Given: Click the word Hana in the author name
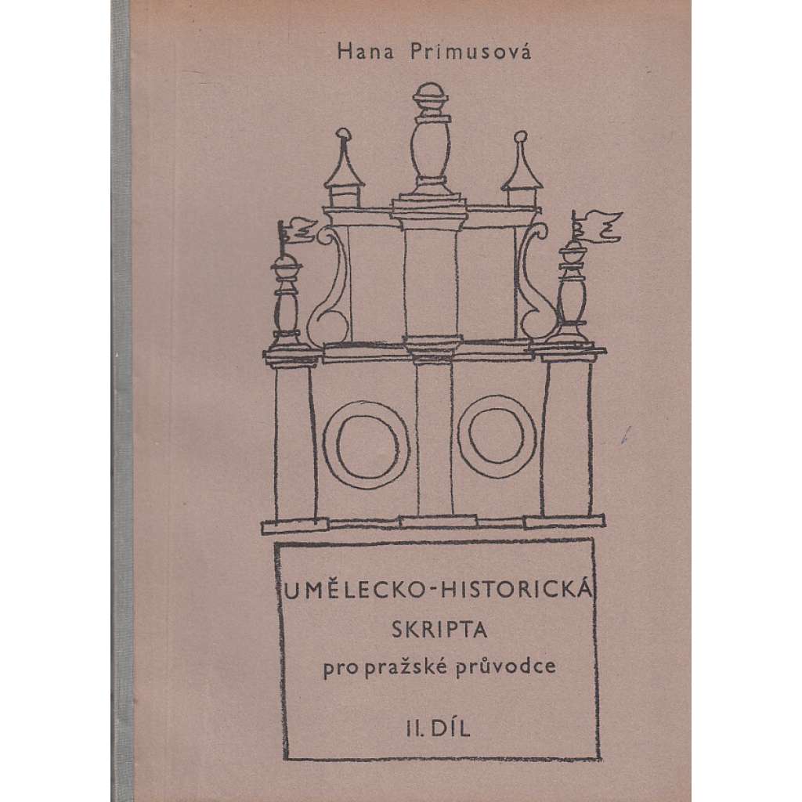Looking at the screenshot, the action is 365,52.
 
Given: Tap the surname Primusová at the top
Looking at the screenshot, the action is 471,52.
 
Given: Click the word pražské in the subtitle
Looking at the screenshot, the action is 406,667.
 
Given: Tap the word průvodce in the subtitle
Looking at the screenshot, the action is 505,667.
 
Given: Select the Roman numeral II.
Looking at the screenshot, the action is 415,729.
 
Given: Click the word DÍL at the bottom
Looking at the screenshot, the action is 450,728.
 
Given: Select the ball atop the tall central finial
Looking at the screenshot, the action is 428,98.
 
